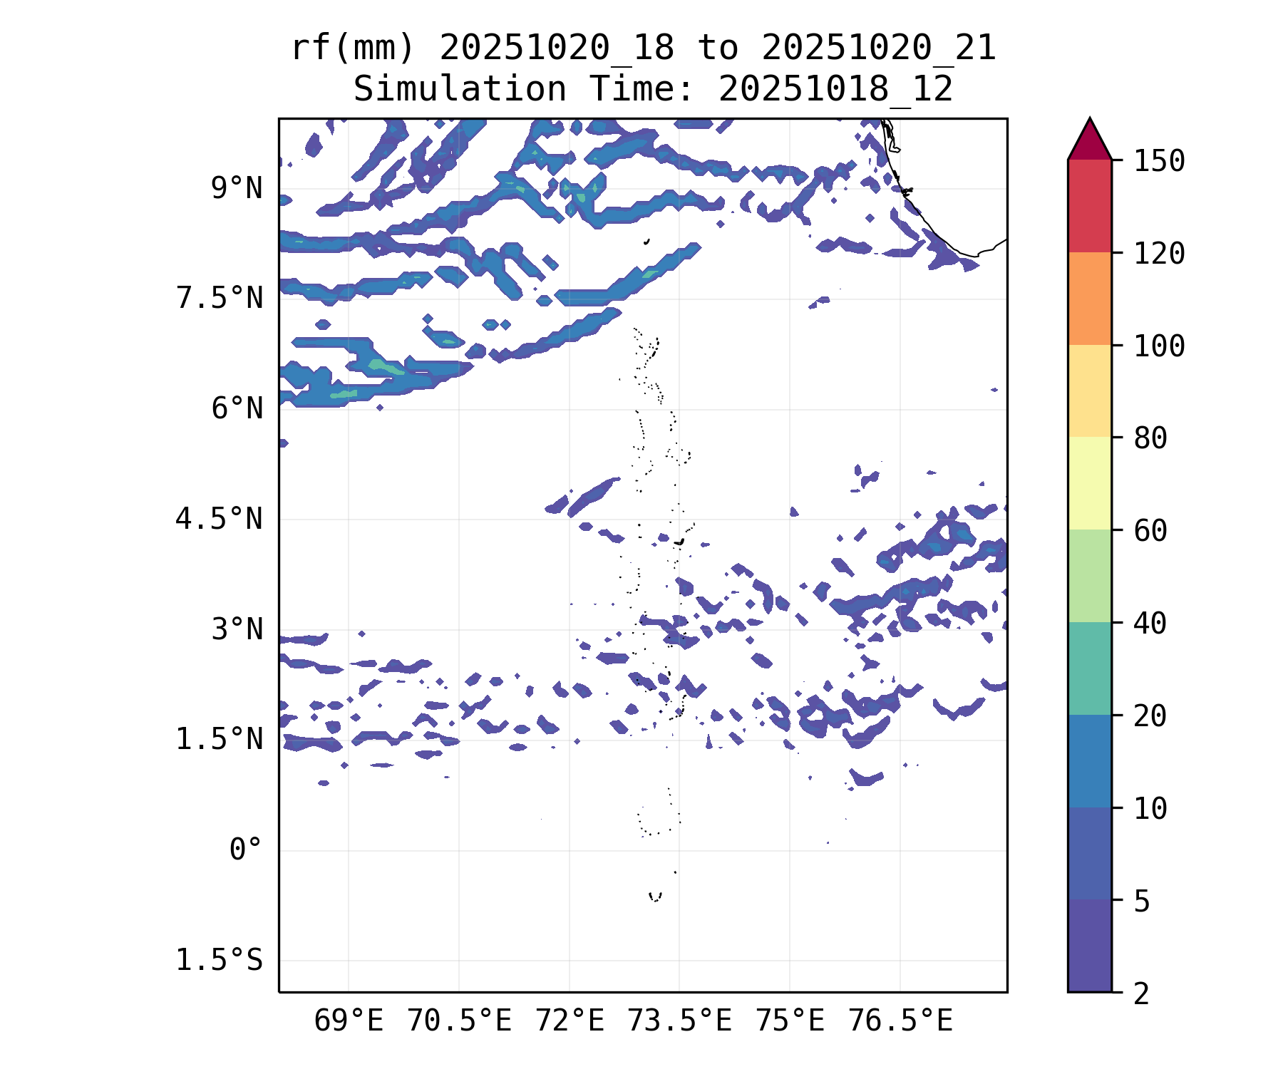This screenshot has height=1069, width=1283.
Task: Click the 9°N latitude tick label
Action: pyautogui.click(x=237, y=189)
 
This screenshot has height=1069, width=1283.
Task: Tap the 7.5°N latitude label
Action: pyautogui.click(x=220, y=299)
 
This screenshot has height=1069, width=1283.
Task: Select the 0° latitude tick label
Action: pyautogui.click(x=246, y=849)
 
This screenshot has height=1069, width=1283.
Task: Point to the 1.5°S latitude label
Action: pyautogui.click(x=220, y=960)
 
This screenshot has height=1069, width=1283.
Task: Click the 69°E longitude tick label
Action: pyautogui.click(x=349, y=1021)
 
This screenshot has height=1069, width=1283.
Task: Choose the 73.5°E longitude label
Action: pyautogui.click(x=679, y=1021)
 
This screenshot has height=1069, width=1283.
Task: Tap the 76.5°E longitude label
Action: pyautogui.click(x=900, y=1021)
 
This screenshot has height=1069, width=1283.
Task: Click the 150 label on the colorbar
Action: pyautogui.click(x=1159, y=161)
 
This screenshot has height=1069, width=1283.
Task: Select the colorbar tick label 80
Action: pyautogui.click(x=1150, y=438)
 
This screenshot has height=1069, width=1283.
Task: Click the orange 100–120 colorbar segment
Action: pyautogui.click(x=1089, y=299)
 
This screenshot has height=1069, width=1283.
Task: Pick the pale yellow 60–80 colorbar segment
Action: pyautogui.click(x=1089, y=483)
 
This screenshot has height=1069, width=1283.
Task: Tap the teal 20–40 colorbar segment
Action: pyautogui.click(x=1089, y=668)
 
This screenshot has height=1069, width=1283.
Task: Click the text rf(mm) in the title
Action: pyautogui.click(x=352, y=48)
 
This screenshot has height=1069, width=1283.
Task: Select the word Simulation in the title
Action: pyautogui.click(x=460, y=90)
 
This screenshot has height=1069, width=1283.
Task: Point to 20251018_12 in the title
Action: pyautogui.click(x=835, y=90)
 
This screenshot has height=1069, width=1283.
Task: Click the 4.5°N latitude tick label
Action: pyautogui.click(x=220, y=519)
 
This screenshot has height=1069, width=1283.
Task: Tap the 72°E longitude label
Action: pyautogui.click(x=570, y=1021)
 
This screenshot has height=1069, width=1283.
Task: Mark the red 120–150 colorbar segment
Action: pyautogui.click(x=1089, y=206)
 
